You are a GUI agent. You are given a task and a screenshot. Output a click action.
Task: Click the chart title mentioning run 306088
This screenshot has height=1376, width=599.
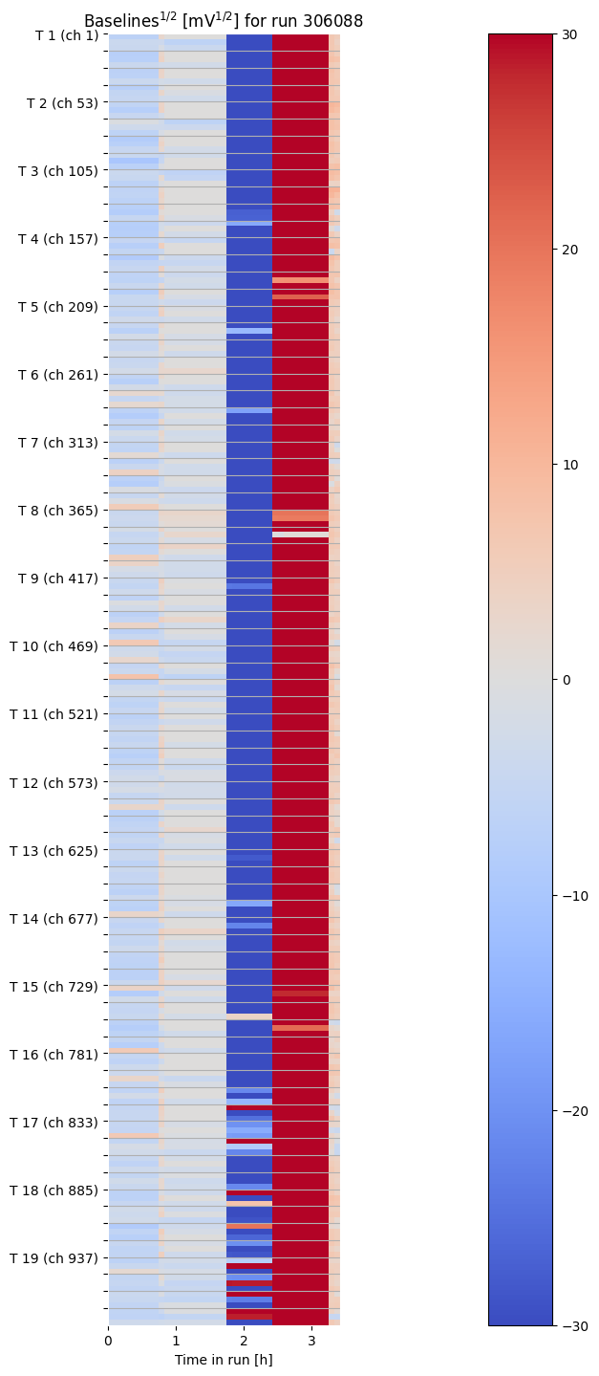click(224, 21)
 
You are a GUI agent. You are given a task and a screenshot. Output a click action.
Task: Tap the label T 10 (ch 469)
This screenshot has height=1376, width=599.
click(54, 646)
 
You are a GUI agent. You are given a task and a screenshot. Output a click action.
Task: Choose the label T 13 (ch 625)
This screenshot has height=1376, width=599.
click(54, 850)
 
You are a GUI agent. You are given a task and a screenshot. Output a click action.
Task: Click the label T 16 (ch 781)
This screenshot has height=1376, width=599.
click(54, 1055)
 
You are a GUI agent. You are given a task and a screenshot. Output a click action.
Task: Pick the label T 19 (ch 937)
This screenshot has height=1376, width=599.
click(54, 1258)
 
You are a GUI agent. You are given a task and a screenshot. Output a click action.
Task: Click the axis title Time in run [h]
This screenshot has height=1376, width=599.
click(224, 1360)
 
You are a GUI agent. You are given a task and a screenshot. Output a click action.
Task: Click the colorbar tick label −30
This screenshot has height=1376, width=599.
click(571, 1325)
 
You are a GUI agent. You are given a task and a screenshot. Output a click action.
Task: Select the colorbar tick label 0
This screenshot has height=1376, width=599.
click(564, 680)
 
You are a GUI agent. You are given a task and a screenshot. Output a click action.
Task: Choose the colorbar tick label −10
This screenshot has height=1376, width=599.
click(571, 895)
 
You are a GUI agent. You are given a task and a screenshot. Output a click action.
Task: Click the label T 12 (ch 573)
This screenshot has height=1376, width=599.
click(54, 782)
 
